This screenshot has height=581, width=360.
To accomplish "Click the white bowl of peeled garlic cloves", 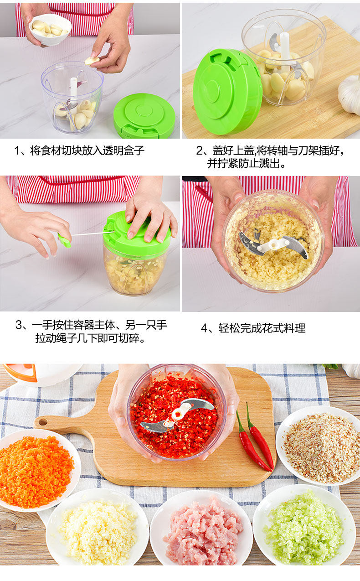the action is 50,30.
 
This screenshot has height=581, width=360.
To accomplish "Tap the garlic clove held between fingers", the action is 92,61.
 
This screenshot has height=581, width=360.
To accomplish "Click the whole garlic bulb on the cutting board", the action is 350,95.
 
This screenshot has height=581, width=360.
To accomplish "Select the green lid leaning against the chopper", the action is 227,92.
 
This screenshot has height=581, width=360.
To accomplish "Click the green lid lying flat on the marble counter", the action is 144,116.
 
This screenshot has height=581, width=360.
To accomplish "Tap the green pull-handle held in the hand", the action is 65,240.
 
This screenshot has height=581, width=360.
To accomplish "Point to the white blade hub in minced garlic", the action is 275,245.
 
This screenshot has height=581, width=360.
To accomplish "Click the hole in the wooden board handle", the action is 43,422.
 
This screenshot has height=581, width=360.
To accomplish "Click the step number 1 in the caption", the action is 17,150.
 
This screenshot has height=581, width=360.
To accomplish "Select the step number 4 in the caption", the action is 205,328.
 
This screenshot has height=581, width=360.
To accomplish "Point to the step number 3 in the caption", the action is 19,325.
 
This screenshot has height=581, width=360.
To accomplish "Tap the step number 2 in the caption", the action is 200,150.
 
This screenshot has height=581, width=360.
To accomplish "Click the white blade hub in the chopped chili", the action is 178,415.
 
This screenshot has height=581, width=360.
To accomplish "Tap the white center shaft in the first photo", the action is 73,95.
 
